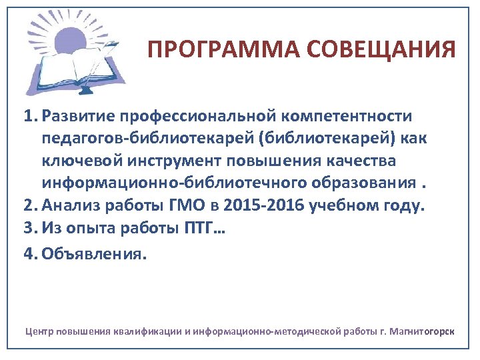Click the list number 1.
[x=29, y=117]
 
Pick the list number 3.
[x=29, y=229]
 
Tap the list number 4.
[x=29, y=253]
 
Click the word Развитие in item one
[x=77, y=117]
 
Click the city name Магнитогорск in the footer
[x=421, y=331]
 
